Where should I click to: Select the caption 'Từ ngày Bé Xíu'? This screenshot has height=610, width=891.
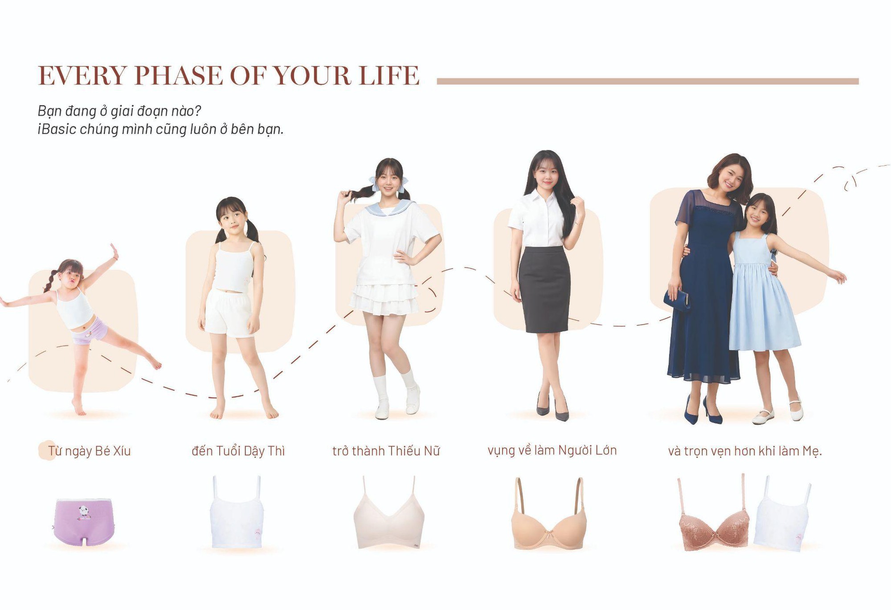pos(89,451)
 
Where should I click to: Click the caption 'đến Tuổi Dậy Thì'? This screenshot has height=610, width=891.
pos(238,451)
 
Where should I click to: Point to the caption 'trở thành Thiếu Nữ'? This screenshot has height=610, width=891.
pos(386,451)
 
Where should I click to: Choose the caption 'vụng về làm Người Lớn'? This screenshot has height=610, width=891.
pos(552,451)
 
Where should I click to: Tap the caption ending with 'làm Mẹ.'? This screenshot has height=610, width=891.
pos(745,451)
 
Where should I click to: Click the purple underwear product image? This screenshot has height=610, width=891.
pos(84,521)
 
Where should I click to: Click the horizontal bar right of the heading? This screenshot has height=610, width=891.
pos(648,81)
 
